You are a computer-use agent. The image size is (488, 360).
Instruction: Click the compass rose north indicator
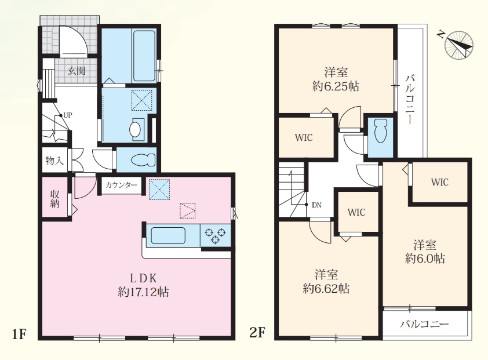tap(459, 45)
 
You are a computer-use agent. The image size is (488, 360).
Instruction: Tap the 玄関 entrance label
tap(77, 71)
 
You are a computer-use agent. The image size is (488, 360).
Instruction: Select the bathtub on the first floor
tap(144, 56)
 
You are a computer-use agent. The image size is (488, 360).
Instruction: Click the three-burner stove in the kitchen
tap(216, 235)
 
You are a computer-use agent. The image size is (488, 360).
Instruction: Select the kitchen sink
tap(168, 236)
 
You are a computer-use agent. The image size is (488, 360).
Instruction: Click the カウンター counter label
tap(121, 186)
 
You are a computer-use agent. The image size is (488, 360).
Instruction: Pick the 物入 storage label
tap(54, 161)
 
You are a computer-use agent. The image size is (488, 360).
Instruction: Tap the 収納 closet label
tap(55, 199)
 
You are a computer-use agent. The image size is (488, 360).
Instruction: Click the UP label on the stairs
tap(68, 115)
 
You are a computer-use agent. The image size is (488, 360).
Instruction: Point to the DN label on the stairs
tap(316, 205)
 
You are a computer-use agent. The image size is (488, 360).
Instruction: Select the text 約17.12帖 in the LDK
tap(144, 292)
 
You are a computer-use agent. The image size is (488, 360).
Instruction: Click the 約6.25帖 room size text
tap(336, 86)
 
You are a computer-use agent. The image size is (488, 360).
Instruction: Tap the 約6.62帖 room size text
tap(326, 289)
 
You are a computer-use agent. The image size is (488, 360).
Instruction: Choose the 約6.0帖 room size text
tap(425, 259)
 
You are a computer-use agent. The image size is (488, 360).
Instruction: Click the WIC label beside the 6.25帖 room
tap(304, 137)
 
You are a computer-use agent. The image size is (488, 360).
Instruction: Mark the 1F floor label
tap(19, 334)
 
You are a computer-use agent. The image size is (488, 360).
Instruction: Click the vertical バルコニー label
tap(410, 99)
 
